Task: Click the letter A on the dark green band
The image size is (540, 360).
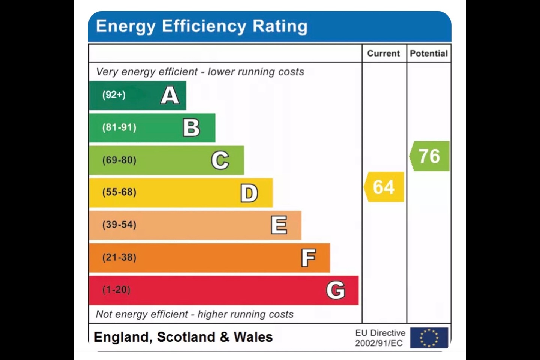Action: [x=170, y=95]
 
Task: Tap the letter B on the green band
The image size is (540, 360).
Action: [x=191, y=128]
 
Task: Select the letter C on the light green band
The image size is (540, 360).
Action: [x=220, y=160]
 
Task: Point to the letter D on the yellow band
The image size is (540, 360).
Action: [x=249, y=193]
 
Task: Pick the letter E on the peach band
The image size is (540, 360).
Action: [x=279, y=225]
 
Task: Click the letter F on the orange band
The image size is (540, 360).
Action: [x=308, y=258]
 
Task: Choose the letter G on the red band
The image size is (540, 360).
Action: [x=336, y=290]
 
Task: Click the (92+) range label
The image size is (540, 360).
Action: [x=114, y=95]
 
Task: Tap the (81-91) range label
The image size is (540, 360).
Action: [x=119, y=127]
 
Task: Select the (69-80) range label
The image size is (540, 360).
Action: [x=119, y=160]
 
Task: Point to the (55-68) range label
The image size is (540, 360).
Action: [x=119, y=192]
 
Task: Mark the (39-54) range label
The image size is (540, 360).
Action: [x=119, y=225]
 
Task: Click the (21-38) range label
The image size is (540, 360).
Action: [x=119, y=257]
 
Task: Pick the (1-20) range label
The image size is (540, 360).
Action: [x=116, y=289]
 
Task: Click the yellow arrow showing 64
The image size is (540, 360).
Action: [x=384, y=187]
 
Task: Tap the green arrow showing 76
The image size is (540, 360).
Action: [x=429, y=156]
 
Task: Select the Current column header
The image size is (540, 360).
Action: [x=383, y=53]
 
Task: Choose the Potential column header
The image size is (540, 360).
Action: [x=429, y=53]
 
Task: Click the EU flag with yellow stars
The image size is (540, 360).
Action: [x=429, y=337]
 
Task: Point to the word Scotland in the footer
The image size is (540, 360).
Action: [x=186, y=337]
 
